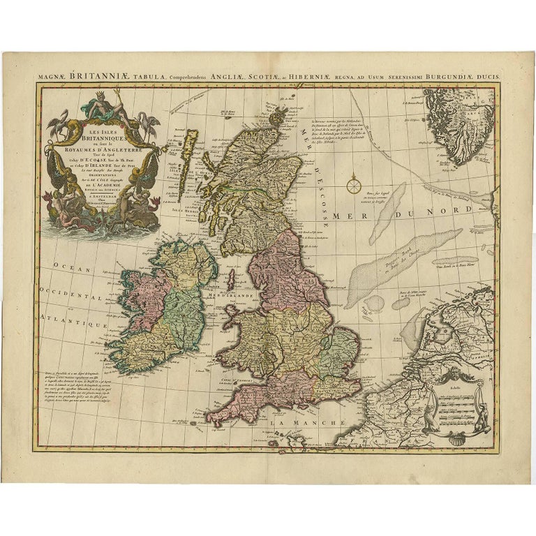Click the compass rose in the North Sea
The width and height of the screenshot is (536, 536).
tap(354, 183)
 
